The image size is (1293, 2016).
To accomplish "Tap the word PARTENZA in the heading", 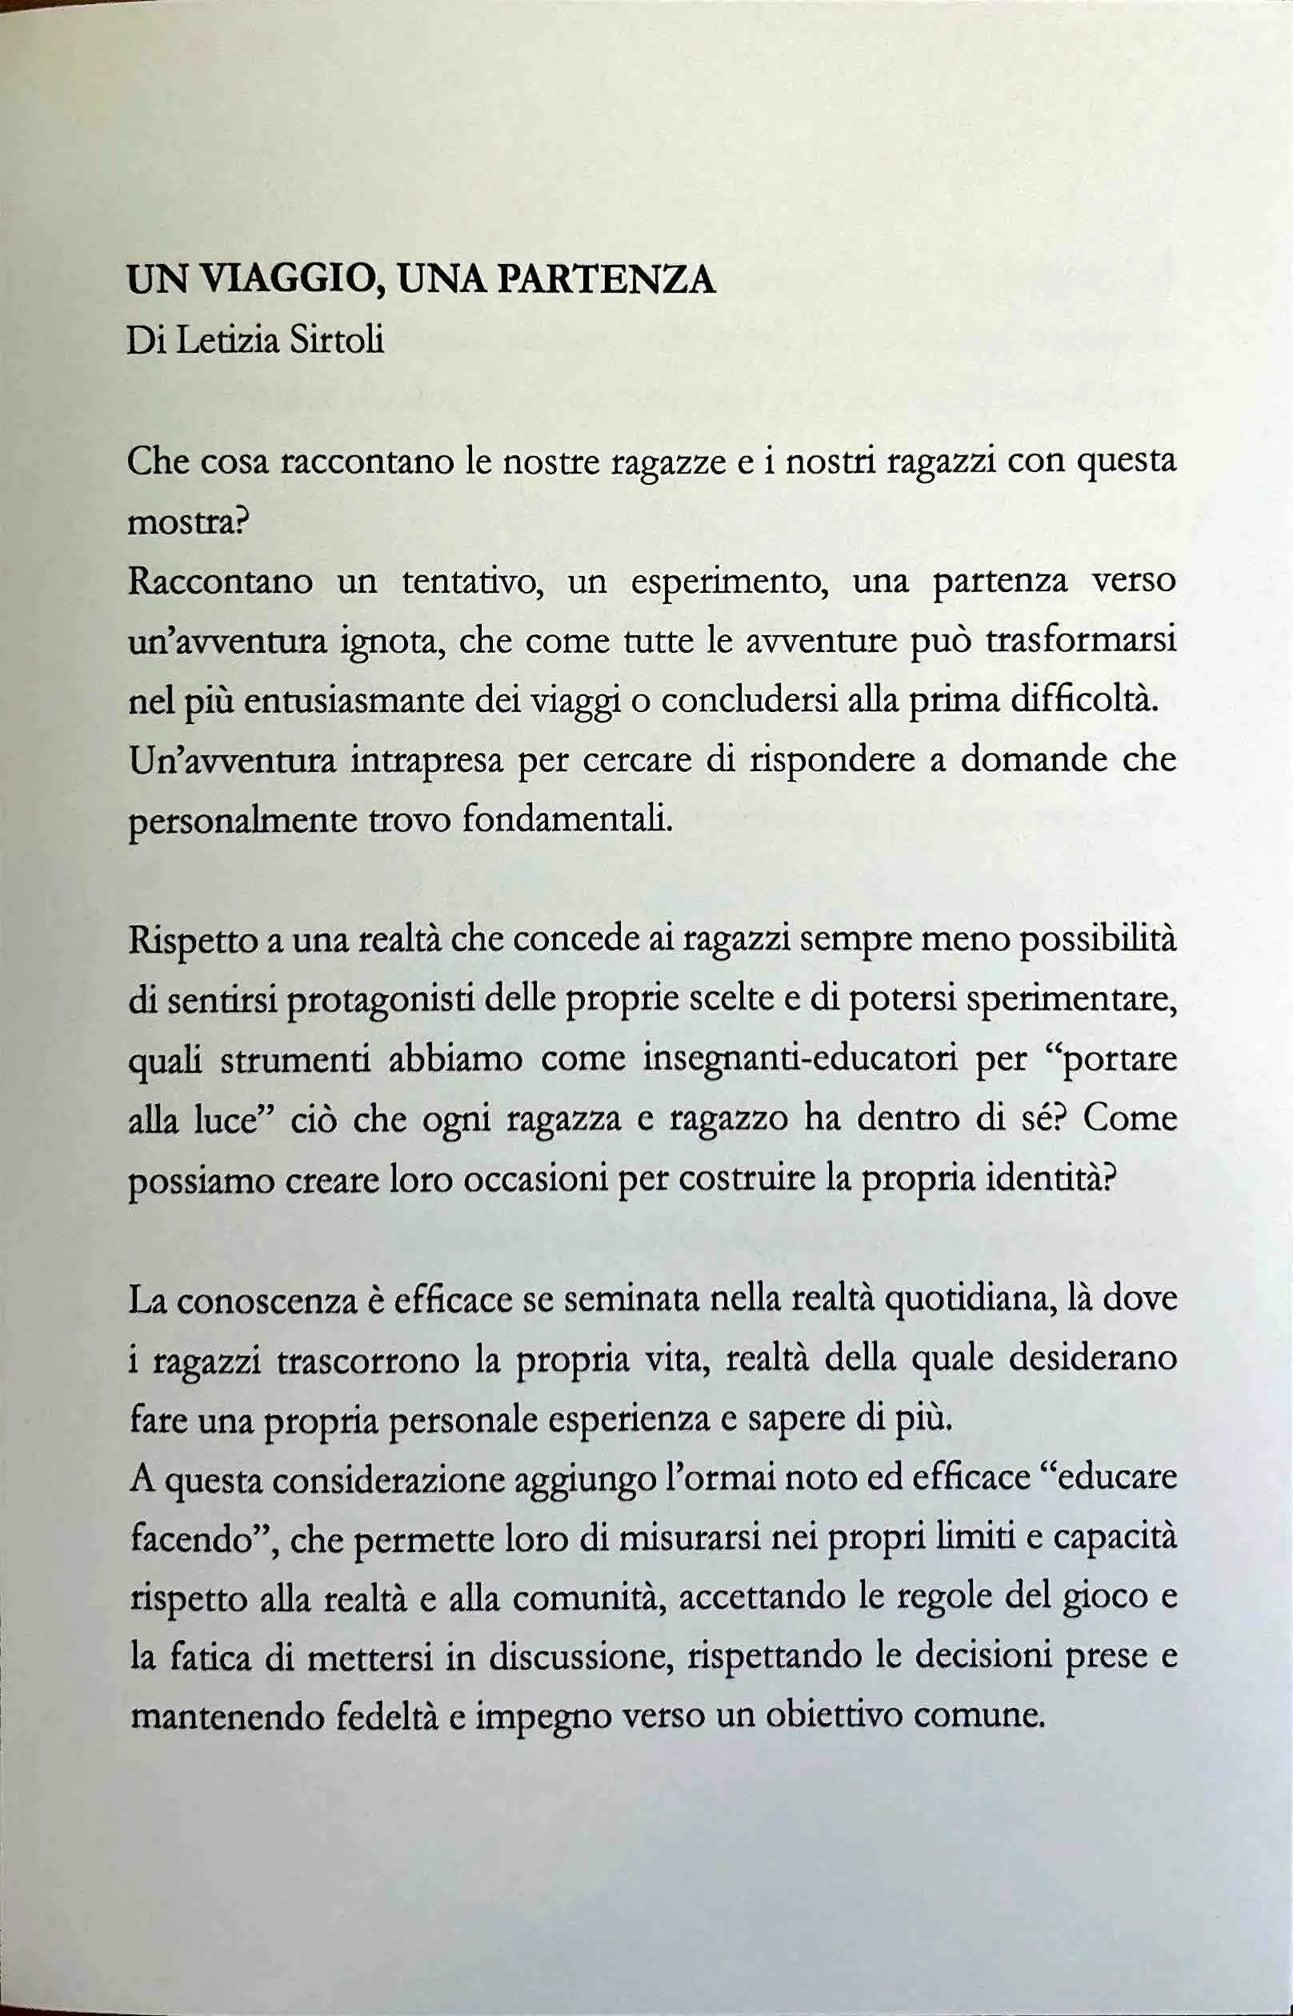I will [606, 280].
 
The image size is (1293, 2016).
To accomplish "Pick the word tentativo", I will [472, 582].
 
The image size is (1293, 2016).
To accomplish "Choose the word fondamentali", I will [567, 820].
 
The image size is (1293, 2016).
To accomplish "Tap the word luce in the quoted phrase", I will [225, 1121].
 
